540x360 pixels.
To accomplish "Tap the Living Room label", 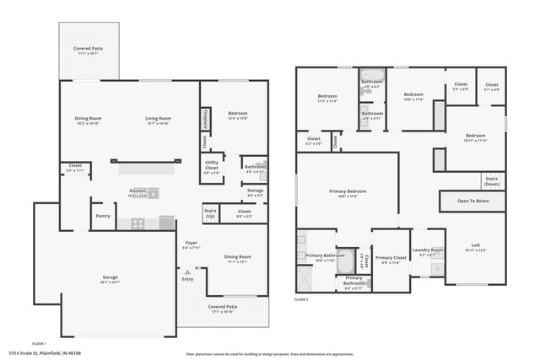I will (159, 119).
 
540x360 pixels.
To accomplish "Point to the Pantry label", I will (103, 216).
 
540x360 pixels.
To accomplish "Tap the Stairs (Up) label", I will (210, 213).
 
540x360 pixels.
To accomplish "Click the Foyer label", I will (192, 244).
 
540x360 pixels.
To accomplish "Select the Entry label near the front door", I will (187, 278).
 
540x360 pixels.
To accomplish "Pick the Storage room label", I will (255, 191).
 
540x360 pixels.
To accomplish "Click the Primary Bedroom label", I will (347, 192).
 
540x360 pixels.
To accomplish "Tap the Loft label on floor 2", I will (476, 246).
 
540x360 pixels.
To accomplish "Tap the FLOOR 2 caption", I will (301, 299).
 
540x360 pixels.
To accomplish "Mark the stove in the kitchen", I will (138, 223).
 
